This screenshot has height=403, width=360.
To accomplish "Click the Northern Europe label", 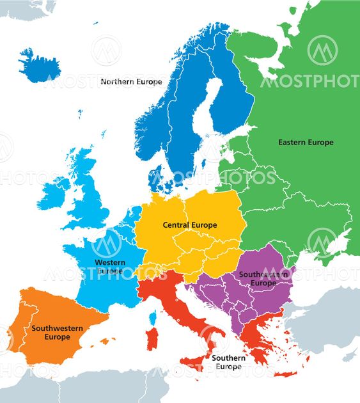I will [x=131, y=82].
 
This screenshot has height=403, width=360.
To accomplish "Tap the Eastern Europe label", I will [x=306, y=142].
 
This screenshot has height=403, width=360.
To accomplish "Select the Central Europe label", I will [x=190, y=225].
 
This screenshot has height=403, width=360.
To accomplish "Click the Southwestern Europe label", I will [x=57, y=333].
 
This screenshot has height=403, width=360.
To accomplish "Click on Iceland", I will [x=39, y=65].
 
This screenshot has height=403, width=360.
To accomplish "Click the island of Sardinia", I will [x=152, y=338].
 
